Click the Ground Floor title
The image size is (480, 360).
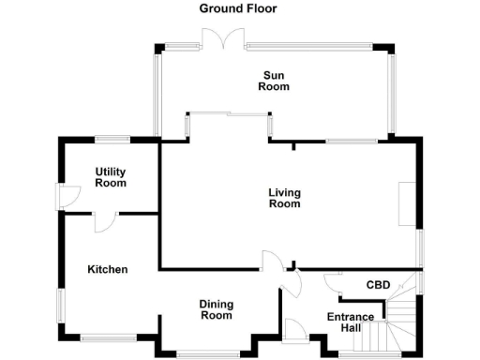(x=237, y=8)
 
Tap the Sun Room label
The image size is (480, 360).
(x=275, y=81)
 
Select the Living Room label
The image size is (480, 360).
(x=284, y=198)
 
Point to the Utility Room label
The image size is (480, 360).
(x=111, y=177)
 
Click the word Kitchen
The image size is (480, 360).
(x=107, y=269)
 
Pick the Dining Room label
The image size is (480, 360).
(x=216, y=309)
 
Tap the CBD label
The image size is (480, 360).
(x=378, y=284)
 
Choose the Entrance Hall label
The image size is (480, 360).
(x=344, y=322)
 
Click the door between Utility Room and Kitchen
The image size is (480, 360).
(x=103, y=220)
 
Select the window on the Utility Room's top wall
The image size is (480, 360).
(x=112, y=140)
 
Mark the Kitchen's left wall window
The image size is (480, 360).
(x=61, y=305)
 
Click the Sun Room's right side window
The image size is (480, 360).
(x=394, y=93)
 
